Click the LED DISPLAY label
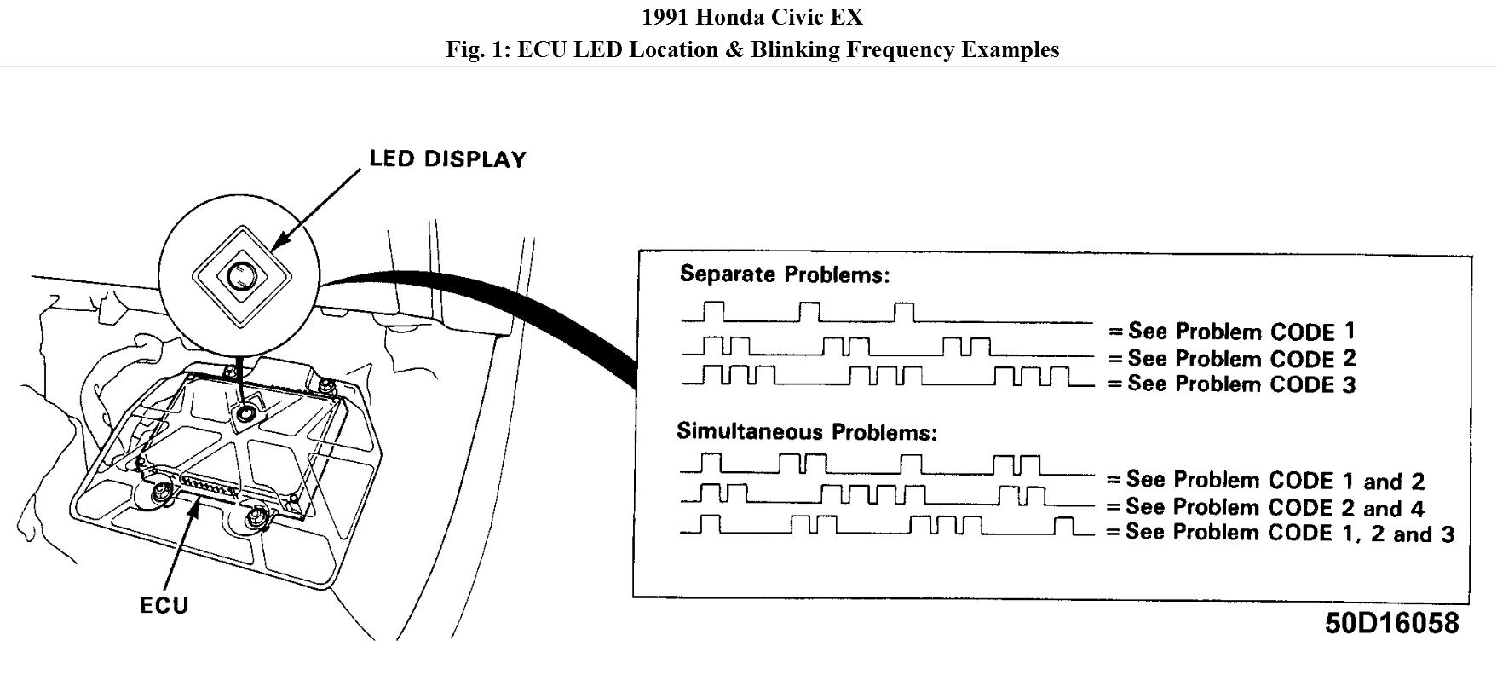click(447, 159)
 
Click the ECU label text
click(164, 605)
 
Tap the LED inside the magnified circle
click(240, 276)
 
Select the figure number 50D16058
click(1390, 624)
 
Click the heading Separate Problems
click(784, 274)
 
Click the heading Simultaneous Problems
click(806, 431)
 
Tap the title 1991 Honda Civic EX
click(752, 17)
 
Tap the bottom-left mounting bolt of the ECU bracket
click(160, 493)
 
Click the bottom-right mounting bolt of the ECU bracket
click(255, 516)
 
